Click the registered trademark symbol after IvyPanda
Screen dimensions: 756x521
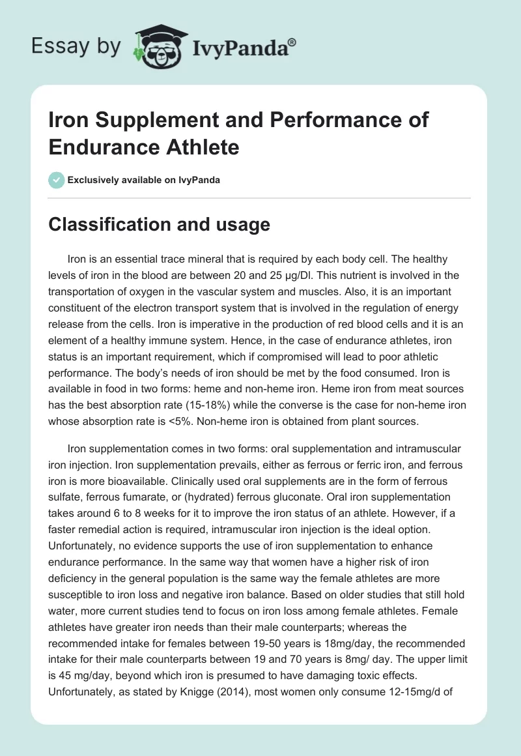(292, 42)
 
